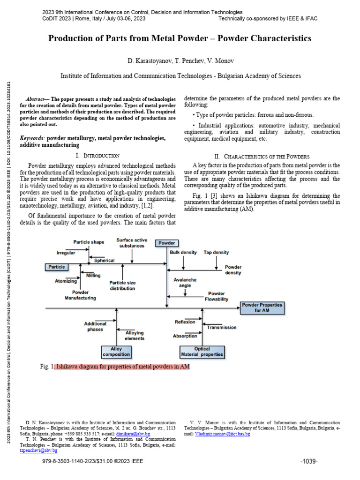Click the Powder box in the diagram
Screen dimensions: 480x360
click(166, 243)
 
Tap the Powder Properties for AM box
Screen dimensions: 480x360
click(262, 307)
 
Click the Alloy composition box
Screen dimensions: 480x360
click(116, 352)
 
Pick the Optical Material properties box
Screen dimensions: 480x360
click(202, 352)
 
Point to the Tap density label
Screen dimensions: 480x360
click(216, 252)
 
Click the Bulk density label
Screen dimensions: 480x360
click(183, 252)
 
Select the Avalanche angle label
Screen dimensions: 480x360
click(185, 283)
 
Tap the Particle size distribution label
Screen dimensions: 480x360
click(122, 285)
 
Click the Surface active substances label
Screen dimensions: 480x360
click(132, 242)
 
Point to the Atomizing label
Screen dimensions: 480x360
click(66, 281)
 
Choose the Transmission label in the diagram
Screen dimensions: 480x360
click(222, 328)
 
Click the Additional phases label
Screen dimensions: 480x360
click(95, 326)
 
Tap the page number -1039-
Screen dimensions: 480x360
click(309, 461)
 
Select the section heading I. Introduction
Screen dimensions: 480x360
click(97, 155)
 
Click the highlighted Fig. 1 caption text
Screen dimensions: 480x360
click(123, 367)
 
